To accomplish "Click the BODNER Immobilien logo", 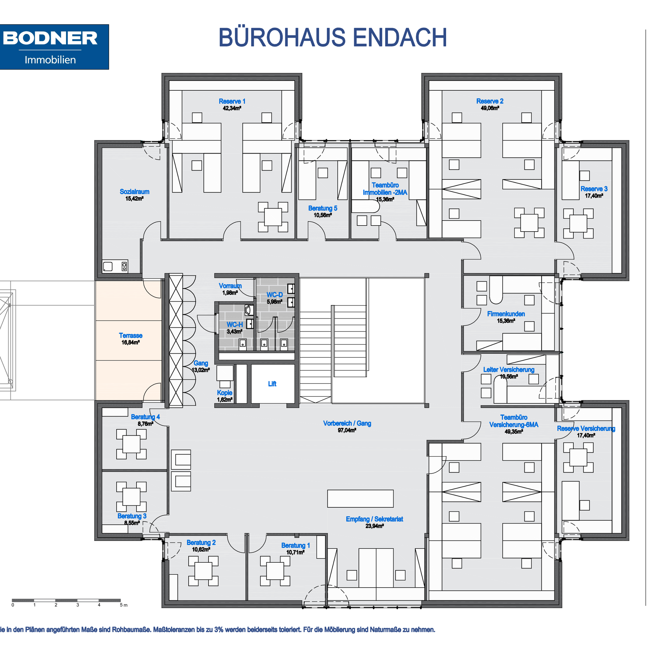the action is click(54, 47).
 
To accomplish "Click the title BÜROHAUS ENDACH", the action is click(333, 37).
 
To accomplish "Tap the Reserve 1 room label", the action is click(232, 101).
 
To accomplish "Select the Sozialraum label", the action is click(135, 191).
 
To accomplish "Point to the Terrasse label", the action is click(130, 335).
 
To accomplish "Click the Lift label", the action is click(272, 384).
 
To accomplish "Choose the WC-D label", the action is click(275, 295).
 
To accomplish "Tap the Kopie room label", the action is click(224, 392).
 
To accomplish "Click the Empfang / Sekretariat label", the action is click(374, 519).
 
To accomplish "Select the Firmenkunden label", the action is click(506, 314).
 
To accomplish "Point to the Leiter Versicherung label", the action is click(509, 369).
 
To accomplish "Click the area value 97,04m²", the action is click(347, 430).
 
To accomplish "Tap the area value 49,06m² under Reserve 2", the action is click(490, 108).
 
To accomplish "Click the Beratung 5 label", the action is click(323, 208).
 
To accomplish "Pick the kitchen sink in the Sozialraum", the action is click(108, 267).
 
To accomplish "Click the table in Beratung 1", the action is click(275, 571).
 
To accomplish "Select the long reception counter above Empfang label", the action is click(360, 499).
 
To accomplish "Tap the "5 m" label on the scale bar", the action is click(124, 605).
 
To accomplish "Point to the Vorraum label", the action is click(230, 286).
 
